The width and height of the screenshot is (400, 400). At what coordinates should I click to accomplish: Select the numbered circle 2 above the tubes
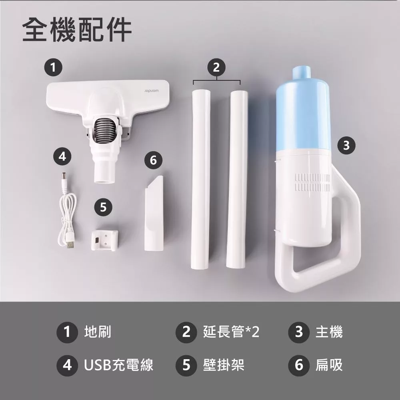tap(216, 67)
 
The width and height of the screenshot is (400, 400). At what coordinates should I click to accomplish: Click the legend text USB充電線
tap(119, 364)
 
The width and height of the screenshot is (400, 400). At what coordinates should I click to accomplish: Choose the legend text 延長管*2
tap(231, 332)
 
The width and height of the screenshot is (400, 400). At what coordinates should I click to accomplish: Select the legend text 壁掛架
tap(224, 364)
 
